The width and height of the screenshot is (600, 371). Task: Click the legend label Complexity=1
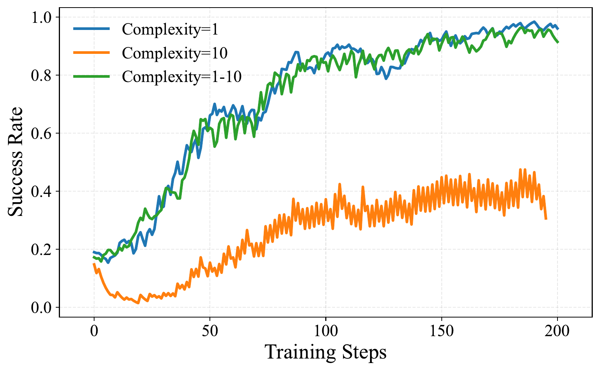170,29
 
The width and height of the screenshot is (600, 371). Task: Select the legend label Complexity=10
175,53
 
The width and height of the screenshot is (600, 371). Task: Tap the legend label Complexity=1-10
181,77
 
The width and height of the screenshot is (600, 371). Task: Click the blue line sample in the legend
91,29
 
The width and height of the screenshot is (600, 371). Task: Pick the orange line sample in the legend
91,53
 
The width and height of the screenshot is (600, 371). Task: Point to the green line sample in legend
91,77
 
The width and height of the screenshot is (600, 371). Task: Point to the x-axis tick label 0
94,331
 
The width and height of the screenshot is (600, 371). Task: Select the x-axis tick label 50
210,331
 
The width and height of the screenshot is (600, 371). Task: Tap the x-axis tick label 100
326,331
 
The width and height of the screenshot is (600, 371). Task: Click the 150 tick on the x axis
442,331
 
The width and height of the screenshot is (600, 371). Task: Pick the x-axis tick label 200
557,331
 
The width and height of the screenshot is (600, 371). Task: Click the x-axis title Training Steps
326,352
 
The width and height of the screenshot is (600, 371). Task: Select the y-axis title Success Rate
16,162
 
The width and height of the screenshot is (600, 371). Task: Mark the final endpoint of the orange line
546,219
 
